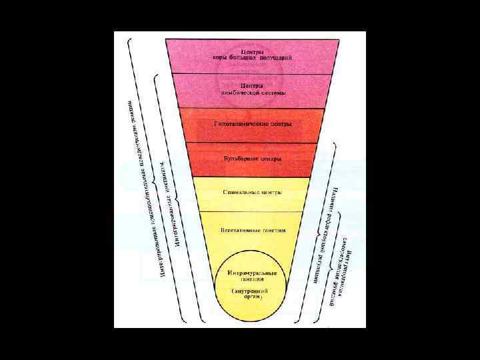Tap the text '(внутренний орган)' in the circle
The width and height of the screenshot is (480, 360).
click(250, 295)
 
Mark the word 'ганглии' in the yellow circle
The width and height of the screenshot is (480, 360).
click(250, 281)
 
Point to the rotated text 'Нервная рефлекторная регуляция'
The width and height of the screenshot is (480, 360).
click(325, 227)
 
